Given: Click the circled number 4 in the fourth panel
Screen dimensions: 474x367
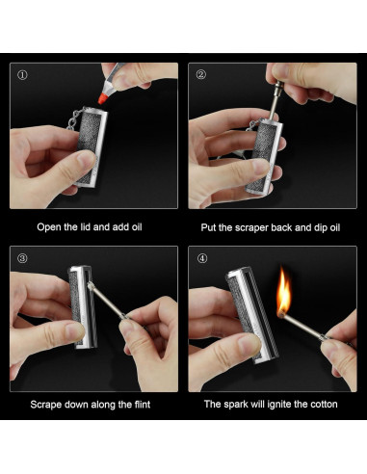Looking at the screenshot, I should (201, 258).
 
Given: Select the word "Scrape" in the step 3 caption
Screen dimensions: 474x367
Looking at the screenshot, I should (49, 405).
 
